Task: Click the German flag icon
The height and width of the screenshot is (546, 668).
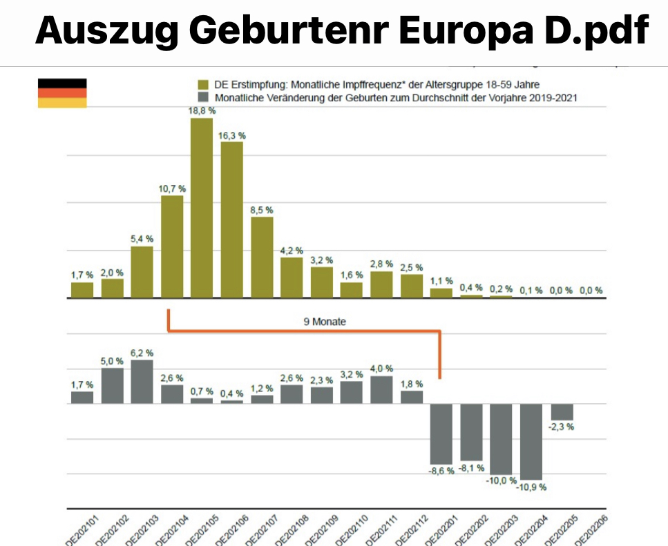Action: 61,93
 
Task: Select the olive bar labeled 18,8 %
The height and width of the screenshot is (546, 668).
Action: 201,207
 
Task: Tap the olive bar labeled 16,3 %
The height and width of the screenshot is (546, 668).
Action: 231,220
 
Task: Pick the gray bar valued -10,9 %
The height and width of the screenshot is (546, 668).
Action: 531,441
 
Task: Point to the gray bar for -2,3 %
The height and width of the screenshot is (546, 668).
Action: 562,411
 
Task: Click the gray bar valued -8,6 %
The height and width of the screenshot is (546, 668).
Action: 441,433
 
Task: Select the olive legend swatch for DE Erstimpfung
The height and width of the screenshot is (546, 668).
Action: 202,85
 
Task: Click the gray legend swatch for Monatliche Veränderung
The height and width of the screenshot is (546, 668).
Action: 202,98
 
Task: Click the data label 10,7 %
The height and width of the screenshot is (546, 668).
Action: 172,188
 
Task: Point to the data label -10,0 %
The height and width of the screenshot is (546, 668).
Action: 502,480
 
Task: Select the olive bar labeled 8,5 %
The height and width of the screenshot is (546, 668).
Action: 262,257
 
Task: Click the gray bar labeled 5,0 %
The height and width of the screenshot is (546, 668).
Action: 112,385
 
